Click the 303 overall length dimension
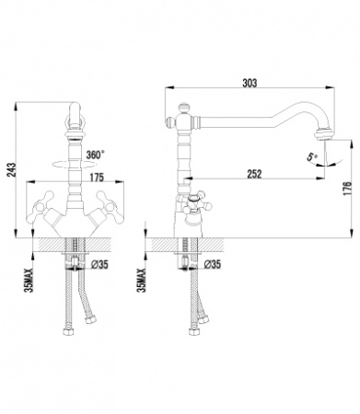(x=250, y=83)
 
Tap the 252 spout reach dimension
(x=254, y=174)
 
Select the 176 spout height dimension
(x=347, y=189)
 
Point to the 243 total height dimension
(x=11, y=170)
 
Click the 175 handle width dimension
(x=97, y=178)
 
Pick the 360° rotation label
(x=94, y=155)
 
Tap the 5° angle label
(x=312, y=157)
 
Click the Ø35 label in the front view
(x=100, y=264)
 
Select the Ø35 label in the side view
(x=213, y=264)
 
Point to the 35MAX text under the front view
(x=29, y=281)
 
